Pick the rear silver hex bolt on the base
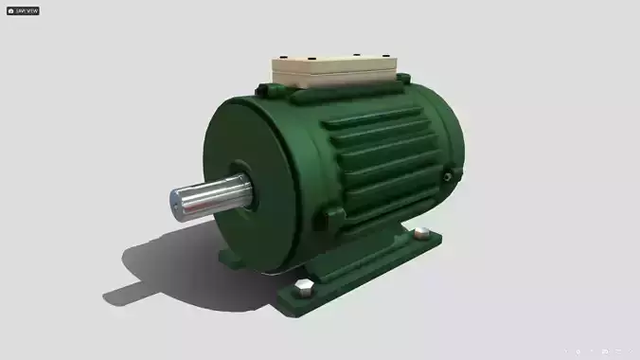(421, 233)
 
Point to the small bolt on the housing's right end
(447, 174)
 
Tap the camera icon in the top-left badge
(10, 10)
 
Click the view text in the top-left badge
(27, 10)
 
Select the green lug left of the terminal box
(270, 90)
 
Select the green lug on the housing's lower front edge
(331, 218)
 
